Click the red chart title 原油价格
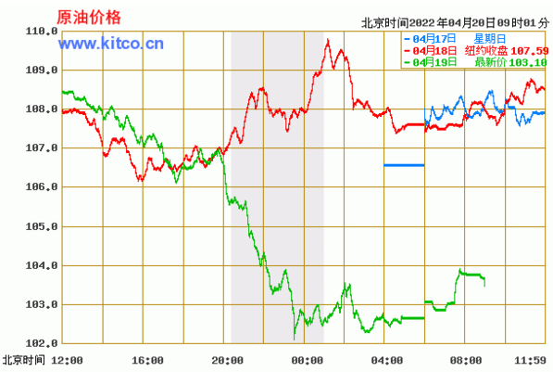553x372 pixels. click(x=89, y=18)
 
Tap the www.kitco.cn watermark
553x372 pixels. click(x=111, y=44)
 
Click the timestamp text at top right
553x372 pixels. click(x=456, y=23)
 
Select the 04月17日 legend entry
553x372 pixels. click(x=431, y=39)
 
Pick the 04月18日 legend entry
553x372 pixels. click(x=431, y=50)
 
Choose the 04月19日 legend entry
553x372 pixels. click(x=431, y=62)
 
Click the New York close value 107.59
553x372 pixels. click(x=529, y=51)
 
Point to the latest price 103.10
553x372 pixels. click(x=528, y=62)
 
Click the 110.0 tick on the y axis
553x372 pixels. click(x=42, y=32)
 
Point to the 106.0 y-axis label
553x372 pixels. click(x=42, y=186)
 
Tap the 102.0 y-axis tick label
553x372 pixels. click(x=42, y=343)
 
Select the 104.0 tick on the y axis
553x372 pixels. click(x=42, y=265)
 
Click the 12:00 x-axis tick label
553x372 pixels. click(x=67, y=360)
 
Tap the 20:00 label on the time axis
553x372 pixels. click(x=228, y=360)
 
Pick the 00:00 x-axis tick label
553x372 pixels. click(x=308, y=360)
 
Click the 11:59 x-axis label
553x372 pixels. click(x=530, y=360)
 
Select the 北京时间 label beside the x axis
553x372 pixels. click(x=24, y=360)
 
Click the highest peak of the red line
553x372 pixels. click(x=328, y=40)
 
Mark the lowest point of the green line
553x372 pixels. click(x=295, y=340)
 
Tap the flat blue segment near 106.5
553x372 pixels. click(x=404, y=165)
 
